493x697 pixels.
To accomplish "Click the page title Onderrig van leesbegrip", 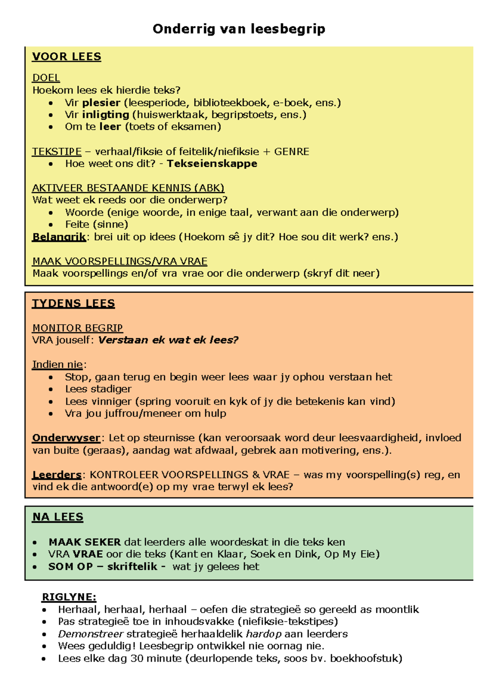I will click(x=239, y=29).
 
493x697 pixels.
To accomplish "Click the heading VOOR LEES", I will click(x=67, y=57).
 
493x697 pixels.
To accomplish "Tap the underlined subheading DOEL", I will click(x=46, y=78).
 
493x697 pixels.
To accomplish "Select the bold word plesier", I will click(x=101, y=103).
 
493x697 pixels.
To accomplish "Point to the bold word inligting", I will click(x=106, y=115).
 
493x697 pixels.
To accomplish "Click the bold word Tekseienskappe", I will click(x=212, y=164).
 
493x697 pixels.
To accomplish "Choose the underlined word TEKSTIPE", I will click(x=57, y=152).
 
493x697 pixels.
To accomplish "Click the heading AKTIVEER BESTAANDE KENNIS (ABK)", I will click(x=128, y=188).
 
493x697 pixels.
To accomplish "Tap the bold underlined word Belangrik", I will click(x=59, y=237).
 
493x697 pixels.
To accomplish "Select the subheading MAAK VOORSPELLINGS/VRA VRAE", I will click(x=120, y=261).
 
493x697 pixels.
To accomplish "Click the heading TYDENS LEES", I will click(x=74, y=304).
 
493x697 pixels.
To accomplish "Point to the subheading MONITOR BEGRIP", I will click(x=78, y=328).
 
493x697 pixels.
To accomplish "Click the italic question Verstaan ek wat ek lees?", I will click(x=168, y=340).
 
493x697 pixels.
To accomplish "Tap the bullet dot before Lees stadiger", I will click(x=51, y=389).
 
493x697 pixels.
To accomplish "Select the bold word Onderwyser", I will click(x=66, y=438).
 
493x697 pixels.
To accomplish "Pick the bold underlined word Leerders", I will click(x=57, y=475).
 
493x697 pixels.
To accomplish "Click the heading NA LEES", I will click(x=58, y=517).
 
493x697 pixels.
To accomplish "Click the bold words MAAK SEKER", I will click(x=85, y=542).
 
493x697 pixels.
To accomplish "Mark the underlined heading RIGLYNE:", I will click(x=69, y=597).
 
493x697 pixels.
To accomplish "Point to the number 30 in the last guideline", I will click(x=137, y=658).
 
